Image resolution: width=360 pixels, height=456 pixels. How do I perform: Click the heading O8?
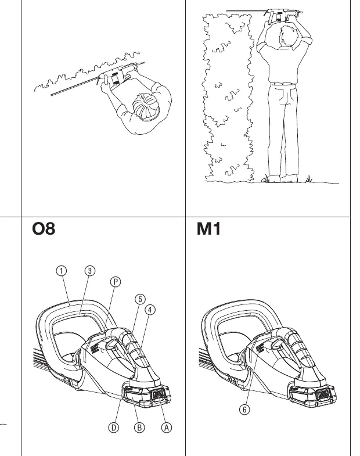[x=44, y=229]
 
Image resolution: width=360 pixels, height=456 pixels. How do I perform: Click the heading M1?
[x=208, y=229]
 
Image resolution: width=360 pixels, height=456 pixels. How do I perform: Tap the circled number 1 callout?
[x=61, y=271]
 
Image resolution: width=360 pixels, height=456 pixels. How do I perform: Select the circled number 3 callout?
[x=90, y=271]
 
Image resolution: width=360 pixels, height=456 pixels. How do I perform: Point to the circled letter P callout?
[x=116, y=282]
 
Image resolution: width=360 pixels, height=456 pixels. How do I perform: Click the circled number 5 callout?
[x=140, y=299]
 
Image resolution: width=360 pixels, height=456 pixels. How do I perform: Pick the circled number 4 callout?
[x=150, y=310]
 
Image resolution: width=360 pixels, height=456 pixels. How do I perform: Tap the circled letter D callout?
[x=114, y=428]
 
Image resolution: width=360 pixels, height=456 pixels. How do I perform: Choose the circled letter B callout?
[x=139, y=428]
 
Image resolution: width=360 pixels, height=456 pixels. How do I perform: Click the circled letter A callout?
[x=166, y=428]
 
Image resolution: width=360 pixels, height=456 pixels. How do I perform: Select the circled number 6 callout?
[x=244, y=410]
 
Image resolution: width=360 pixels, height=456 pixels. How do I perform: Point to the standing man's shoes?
[x=282, y=178]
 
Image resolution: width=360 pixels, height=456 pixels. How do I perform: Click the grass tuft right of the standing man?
[x=309, y=179]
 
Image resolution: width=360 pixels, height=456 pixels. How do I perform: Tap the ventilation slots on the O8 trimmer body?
[x=93, y=348]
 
